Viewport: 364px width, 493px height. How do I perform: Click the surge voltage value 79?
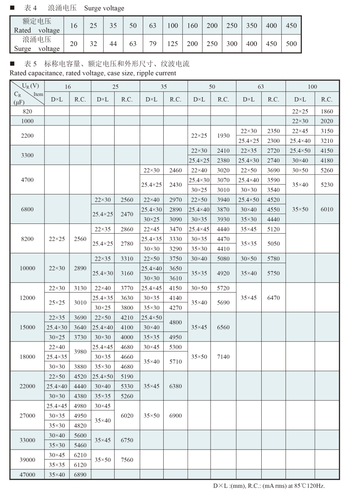pos(153,43)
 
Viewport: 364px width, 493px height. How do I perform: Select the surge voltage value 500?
pos(291,43)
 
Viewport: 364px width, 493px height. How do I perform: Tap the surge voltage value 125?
pos(172,43)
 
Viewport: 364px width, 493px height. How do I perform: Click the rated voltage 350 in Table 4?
pos(251,26)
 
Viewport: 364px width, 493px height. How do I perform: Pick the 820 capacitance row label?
pos(27,111)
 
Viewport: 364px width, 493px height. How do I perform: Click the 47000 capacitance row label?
pos(27,474)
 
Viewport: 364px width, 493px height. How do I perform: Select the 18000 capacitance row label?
pos(27,357)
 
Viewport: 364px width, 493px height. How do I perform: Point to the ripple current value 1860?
pos(326,111)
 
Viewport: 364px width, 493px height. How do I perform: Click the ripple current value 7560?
pos(127,460)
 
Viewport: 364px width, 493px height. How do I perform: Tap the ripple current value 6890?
pos(80,474)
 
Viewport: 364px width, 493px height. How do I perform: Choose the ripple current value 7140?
pos(223,357)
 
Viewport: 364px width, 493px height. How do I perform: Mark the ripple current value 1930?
pos(223,136)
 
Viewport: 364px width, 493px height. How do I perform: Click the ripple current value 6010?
pos(326,209)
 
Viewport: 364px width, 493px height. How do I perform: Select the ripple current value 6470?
pos(273,298)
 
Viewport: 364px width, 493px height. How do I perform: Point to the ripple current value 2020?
pos(326,121)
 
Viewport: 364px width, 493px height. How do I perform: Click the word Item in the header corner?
pos(38,94)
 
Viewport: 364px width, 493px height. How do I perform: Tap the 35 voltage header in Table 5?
pos(164,87)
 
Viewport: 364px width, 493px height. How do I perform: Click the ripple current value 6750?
pos(127,440)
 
